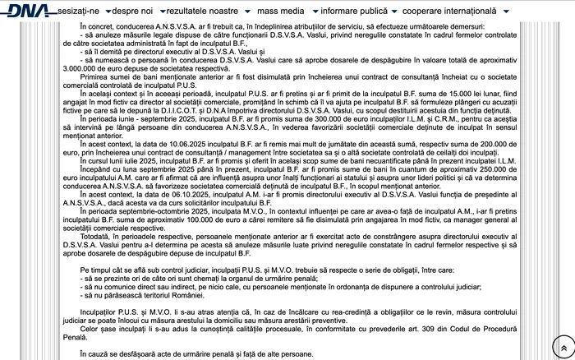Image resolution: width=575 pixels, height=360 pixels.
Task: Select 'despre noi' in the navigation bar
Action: click(136, 12)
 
